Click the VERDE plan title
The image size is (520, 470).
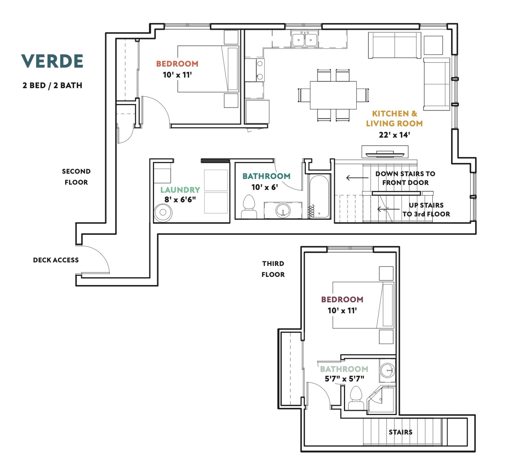point(52,61)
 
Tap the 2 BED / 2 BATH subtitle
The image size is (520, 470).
point(52,86)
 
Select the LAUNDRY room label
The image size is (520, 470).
point(180,190)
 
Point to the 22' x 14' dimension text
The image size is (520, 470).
point(394,135)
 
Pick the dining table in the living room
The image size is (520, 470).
point(333,95)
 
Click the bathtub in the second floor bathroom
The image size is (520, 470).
point(319,196)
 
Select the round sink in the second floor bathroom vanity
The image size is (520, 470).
point(283,210)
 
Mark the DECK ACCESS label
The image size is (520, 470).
point(56,260)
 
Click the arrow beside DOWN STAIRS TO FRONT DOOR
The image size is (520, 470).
point(357,178)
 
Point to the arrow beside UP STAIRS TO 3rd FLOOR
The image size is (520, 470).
point(388,209)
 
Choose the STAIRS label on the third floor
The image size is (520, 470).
point(401,432)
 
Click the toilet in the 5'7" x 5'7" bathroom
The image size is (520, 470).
point(356,398)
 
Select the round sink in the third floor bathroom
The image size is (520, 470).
point(388,370)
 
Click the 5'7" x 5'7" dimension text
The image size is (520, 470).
point(344,379)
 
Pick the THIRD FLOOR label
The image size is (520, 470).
point(273,269)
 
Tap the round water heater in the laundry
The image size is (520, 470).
point(163,213)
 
